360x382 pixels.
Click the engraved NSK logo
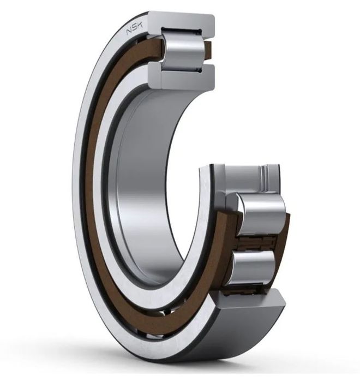coord(135,29)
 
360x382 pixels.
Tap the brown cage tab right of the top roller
coord(207,50)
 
